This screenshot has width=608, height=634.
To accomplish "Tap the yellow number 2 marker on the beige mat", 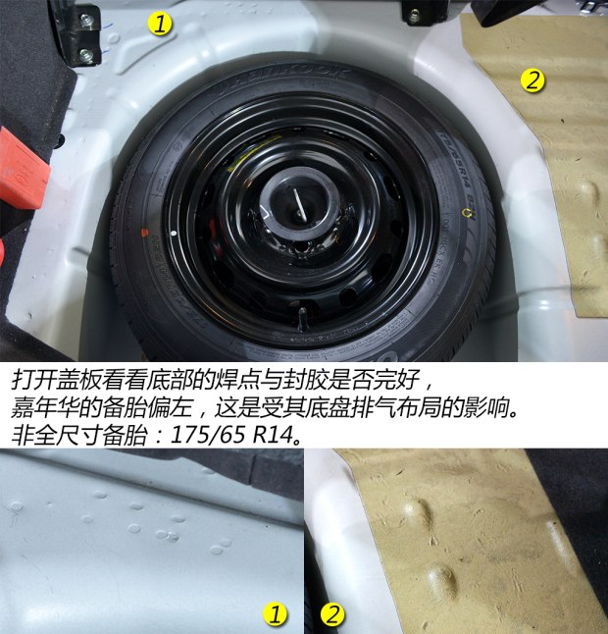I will tap(532, 80).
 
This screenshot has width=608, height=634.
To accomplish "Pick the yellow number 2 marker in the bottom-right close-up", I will tap(332, 615).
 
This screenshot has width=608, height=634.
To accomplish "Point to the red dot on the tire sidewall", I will tap(145, 233).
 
